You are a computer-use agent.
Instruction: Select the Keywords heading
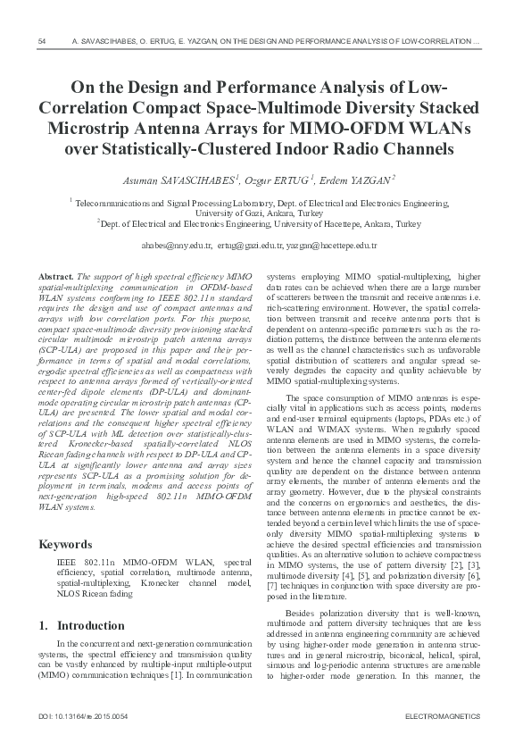65,544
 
